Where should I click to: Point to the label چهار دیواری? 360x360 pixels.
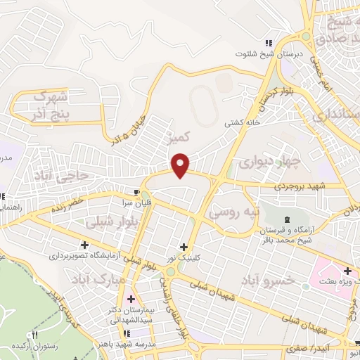click(x=268, y=163)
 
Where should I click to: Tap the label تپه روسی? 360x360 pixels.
click(x=237, y=210)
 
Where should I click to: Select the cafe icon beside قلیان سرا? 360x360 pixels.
click(x=137, y=191)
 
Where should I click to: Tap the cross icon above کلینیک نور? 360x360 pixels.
click(x=184, y=247)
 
